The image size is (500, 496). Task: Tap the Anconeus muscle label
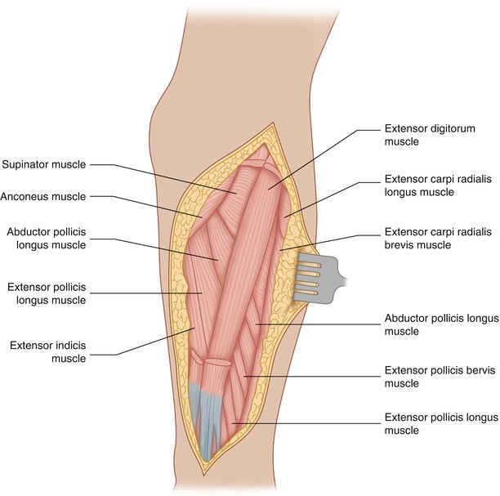tap(44, 196)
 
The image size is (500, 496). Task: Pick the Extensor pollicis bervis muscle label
tap(434, 377)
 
